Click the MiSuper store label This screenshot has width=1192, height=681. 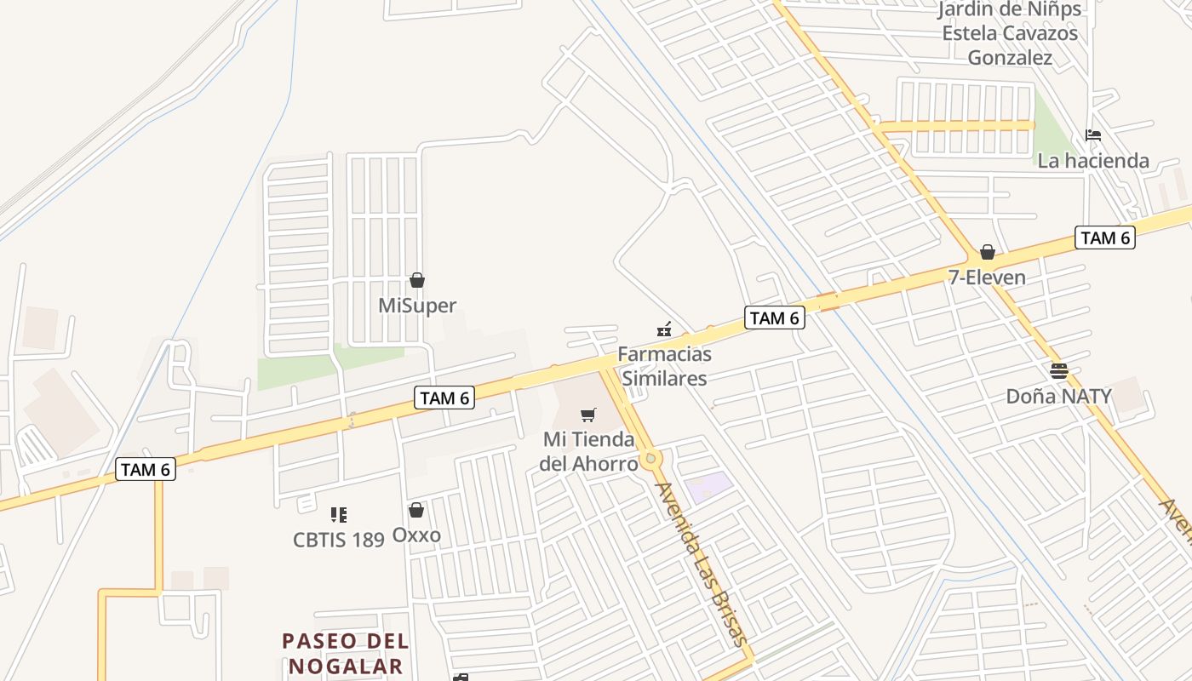point(417,306)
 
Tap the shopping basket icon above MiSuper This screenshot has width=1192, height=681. point(417,280)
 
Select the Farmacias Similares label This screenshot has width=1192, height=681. point(664,365)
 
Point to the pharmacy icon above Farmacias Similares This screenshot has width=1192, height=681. point(664,329)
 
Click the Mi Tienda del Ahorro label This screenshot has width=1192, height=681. point(589,451)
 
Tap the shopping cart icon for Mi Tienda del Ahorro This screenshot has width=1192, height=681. point(588,415)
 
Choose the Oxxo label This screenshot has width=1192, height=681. point(416,535)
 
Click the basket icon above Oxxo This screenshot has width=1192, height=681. point(416,510)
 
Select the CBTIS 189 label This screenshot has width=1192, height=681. point(339,540)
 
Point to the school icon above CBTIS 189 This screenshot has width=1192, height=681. point(339,514)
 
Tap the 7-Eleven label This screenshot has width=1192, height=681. point(987,278)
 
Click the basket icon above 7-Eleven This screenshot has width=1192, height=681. point(988,252)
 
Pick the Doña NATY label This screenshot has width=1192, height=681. point(1058,396)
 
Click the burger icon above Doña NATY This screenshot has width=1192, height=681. point(1059,370)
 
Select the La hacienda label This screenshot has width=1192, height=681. point(1093,160)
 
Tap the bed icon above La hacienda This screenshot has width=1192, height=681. point(1093,134)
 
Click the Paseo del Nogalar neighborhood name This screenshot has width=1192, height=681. point(346,653)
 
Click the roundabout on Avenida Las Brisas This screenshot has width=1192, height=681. point(651,459)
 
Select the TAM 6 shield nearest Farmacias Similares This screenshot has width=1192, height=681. point(774,318)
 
